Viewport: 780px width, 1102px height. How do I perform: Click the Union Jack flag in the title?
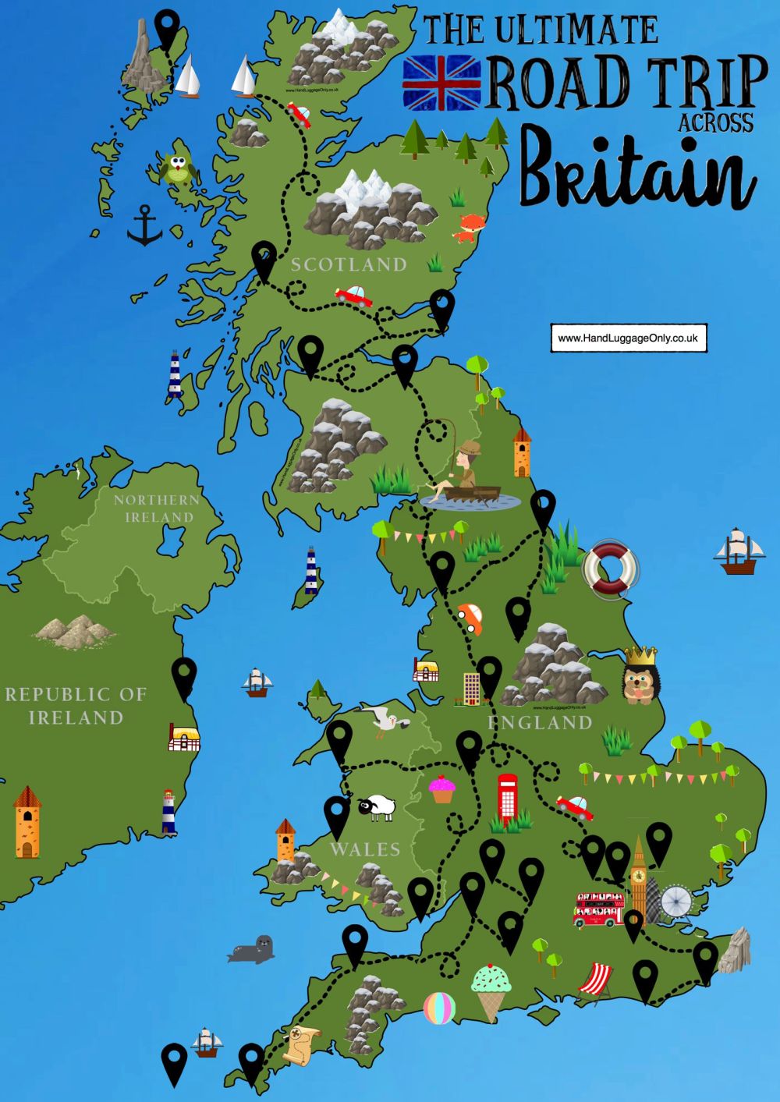click(442, 83)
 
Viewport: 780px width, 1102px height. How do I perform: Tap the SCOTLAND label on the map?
click(349, 265)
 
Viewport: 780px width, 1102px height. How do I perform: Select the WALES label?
click(364, 849)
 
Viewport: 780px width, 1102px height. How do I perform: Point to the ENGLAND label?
click(540, 723)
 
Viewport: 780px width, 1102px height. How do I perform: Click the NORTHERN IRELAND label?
click(156, 508)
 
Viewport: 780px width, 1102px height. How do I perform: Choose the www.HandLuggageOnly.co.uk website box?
click(628, 338)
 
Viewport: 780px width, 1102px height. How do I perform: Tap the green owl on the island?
click(178, 168)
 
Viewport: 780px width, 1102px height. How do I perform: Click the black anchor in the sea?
click(144, 226)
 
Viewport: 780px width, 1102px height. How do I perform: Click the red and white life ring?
click(611, 569)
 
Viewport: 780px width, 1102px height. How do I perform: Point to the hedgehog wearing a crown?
click(639, 676)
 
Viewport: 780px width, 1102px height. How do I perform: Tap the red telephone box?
click(508, 797)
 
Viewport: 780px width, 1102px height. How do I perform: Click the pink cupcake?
click(442, 789)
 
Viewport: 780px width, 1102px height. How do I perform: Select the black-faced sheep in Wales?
click(378, 807)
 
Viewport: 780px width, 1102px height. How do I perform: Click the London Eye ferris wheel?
click(675, 902)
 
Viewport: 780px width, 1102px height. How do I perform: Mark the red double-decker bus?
click(599, 909)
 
